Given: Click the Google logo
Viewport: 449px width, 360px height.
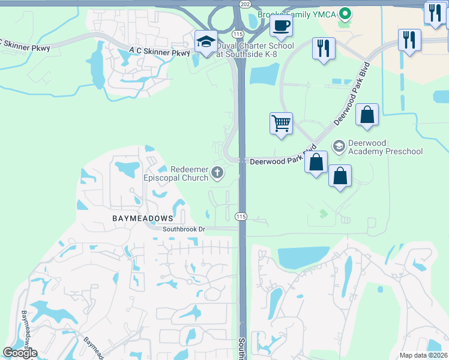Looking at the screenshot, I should tap(20, 353).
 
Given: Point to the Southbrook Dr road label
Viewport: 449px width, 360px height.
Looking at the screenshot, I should tap(184, 229).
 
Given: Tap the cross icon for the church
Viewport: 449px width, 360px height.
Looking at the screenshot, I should tap(217, 174).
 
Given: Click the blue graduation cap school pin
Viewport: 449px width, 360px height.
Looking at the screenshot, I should tap(206, 42).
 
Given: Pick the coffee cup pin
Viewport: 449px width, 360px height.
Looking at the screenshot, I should tap(280, 25).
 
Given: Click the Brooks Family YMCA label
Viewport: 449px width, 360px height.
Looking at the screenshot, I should tap(297, 13).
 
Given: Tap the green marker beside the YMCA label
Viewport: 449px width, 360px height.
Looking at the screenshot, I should tap(345, 13).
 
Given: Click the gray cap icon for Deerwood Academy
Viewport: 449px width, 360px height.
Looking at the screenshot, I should tap(339, 146).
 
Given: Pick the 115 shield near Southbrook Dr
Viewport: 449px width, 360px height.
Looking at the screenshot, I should tap(241, 216).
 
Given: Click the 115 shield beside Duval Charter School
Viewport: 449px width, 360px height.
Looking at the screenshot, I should tap(238, 34).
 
